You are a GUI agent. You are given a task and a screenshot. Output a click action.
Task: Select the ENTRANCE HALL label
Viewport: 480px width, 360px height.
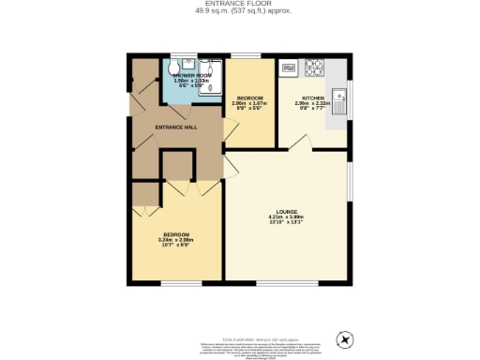point(174,127)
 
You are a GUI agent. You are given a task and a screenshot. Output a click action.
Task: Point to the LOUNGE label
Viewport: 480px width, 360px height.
point(287,212)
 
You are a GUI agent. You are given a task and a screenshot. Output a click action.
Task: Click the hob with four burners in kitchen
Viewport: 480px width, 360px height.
point(313,67)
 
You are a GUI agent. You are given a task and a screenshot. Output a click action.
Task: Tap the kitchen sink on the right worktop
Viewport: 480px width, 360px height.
point(343,97)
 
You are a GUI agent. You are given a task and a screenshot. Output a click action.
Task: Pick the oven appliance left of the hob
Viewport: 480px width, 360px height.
point(289,67)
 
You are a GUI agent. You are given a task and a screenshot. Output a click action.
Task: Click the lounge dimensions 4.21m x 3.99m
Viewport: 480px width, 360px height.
point(287,217)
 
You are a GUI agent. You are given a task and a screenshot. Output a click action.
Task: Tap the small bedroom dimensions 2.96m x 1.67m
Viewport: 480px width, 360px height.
point(250,103)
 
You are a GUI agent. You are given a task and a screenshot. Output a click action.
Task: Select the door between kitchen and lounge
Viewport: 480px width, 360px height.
point(302,142)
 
